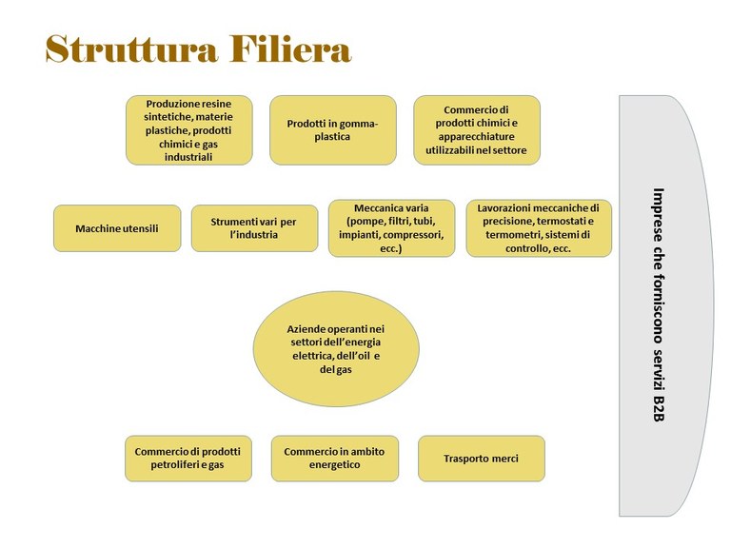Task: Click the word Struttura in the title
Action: [131, 49]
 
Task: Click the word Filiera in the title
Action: [290, 49]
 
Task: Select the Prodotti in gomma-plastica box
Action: [333, 130]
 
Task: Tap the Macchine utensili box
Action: [117, 228]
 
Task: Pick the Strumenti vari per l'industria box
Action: [254, 228]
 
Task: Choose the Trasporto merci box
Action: [482, 459]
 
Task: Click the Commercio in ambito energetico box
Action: [335, 459]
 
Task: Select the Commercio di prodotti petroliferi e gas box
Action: [188, 459]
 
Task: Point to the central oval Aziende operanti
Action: [336, 349]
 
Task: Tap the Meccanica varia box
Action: [391, 228]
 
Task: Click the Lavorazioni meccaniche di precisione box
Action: [539, 228]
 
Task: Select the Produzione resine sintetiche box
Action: [189, 130]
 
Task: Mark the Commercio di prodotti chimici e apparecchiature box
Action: [477, 130]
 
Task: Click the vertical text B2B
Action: [659, 409]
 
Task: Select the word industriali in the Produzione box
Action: [188, 157]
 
